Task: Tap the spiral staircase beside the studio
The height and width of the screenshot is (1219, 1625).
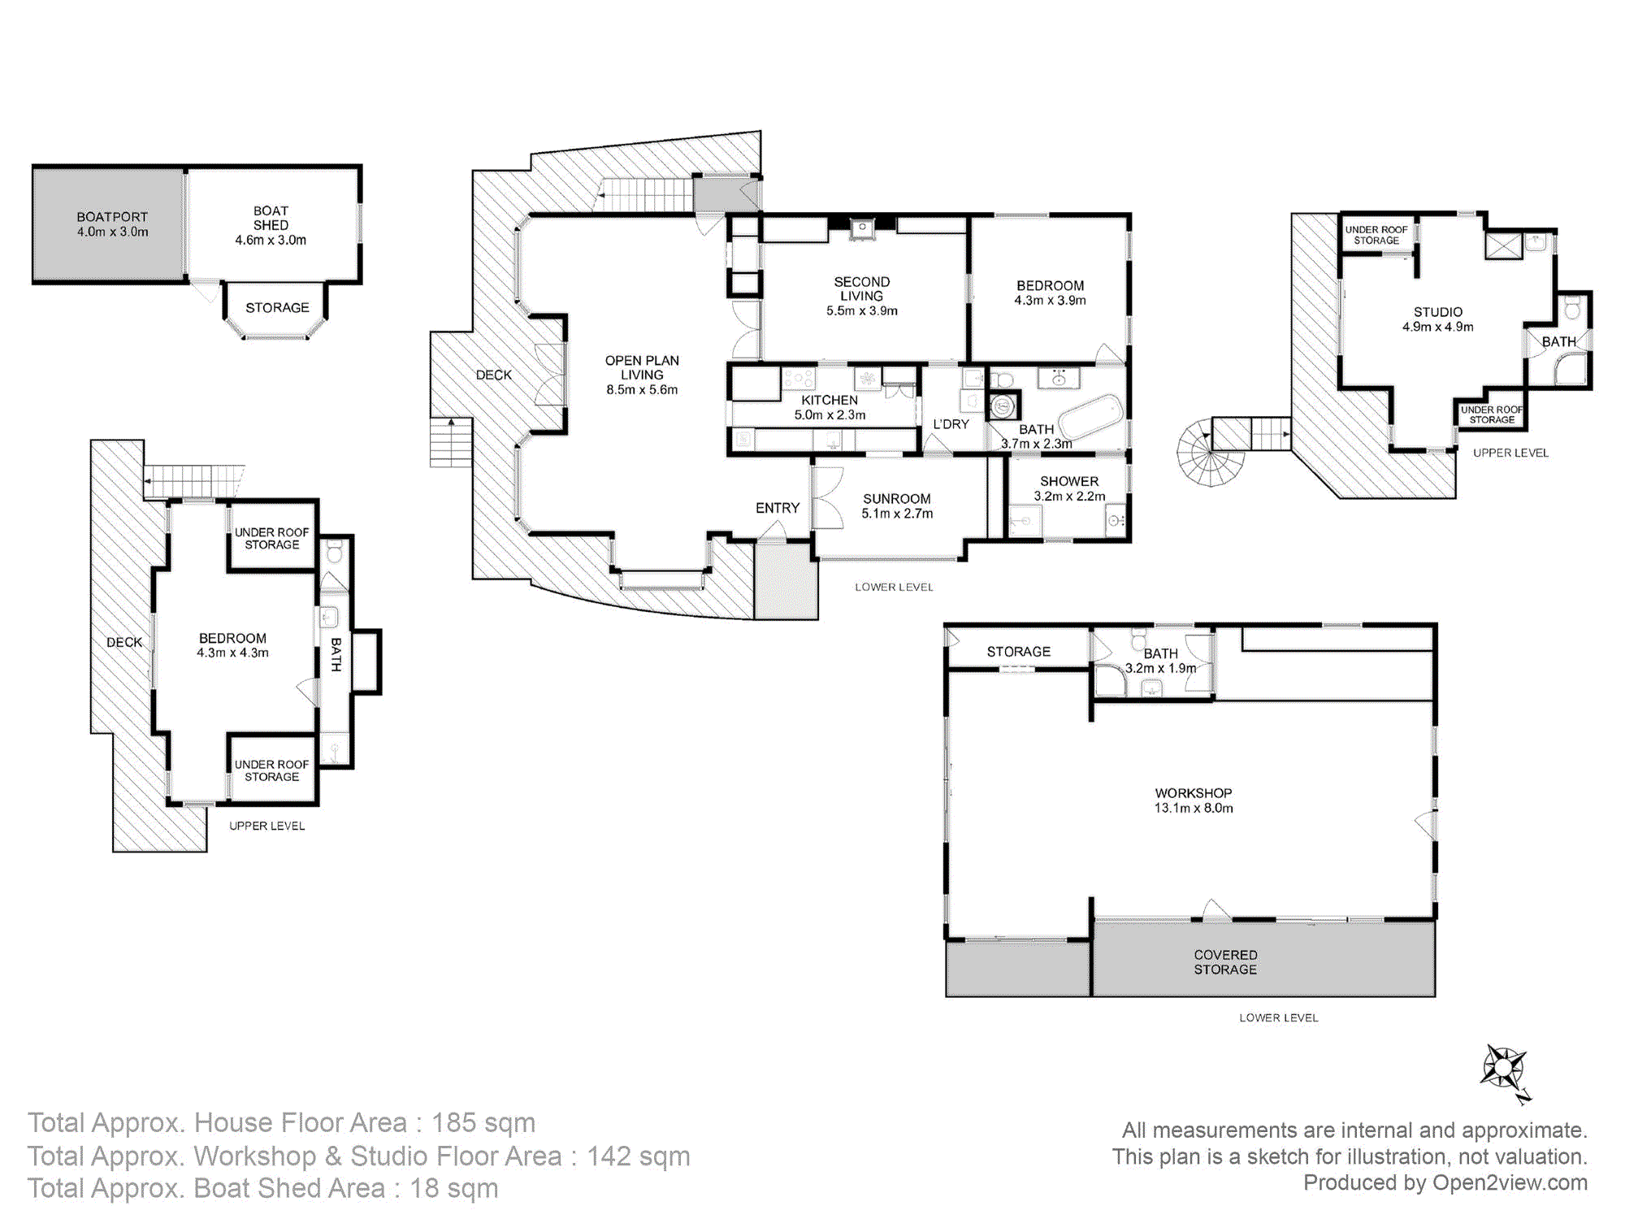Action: tap(1210, 453)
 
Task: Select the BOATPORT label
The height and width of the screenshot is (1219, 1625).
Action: tap(112, 217)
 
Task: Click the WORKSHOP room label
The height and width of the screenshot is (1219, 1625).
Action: tap(1194, 793)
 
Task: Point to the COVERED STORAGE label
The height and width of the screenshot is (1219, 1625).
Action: tap(1225, 962)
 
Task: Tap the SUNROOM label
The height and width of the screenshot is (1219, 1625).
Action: tap(897, 499)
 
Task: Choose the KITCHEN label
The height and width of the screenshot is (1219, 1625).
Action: tap(830, 400)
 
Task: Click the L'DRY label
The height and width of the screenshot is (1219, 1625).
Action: tap(951, 424)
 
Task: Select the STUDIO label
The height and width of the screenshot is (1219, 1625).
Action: tap(1438, 312)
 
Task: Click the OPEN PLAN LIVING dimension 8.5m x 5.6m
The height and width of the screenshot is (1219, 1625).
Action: tap(642, 390)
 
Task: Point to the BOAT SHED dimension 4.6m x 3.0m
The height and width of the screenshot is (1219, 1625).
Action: tap(271, 241)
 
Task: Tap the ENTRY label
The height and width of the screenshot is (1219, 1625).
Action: tap(778, 508)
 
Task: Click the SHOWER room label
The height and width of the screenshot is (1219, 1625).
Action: tap(1069, 482)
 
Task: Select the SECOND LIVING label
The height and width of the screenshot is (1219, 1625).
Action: tap(862, 289)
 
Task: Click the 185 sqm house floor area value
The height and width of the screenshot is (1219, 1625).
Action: tap(483, 1123)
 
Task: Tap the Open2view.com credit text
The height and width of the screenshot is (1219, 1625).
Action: tap(1510, 1183)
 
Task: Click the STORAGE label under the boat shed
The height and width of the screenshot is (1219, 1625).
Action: tap(277, 308)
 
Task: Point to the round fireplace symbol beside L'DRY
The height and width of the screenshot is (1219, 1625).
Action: tap(1003, 405)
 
